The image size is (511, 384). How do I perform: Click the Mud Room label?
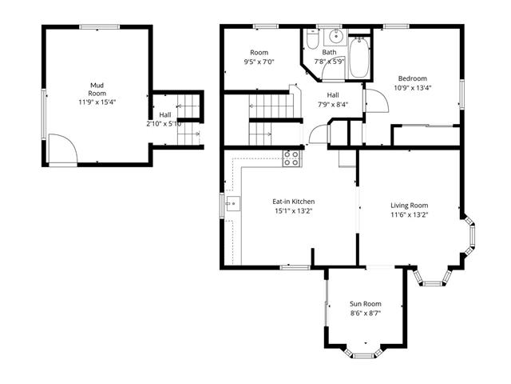coord(97,89)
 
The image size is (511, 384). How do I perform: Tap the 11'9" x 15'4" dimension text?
coord(97,102)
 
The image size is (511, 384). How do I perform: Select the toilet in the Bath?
coord(312,39)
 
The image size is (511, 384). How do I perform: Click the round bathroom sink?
coord(335,36)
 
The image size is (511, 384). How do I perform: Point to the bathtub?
coord(359,58)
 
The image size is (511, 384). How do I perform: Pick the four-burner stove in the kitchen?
coord(291,158)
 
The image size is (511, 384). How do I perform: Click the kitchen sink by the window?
coord(232,204)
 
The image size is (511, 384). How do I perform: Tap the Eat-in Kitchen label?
coord(294,202)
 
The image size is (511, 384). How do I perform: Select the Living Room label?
coord(410,206)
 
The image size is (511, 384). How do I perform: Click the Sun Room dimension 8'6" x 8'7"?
coord(366,313)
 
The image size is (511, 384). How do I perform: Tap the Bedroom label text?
coord(413,78)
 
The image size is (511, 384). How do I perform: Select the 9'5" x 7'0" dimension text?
coord(259,62)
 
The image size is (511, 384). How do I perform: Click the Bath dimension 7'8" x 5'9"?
coord(329,62)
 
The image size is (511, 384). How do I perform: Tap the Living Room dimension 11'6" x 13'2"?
coord(410,215)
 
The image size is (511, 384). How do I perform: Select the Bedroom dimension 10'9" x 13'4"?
coord(413,88)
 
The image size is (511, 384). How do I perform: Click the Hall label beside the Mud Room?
coord(165,115)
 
